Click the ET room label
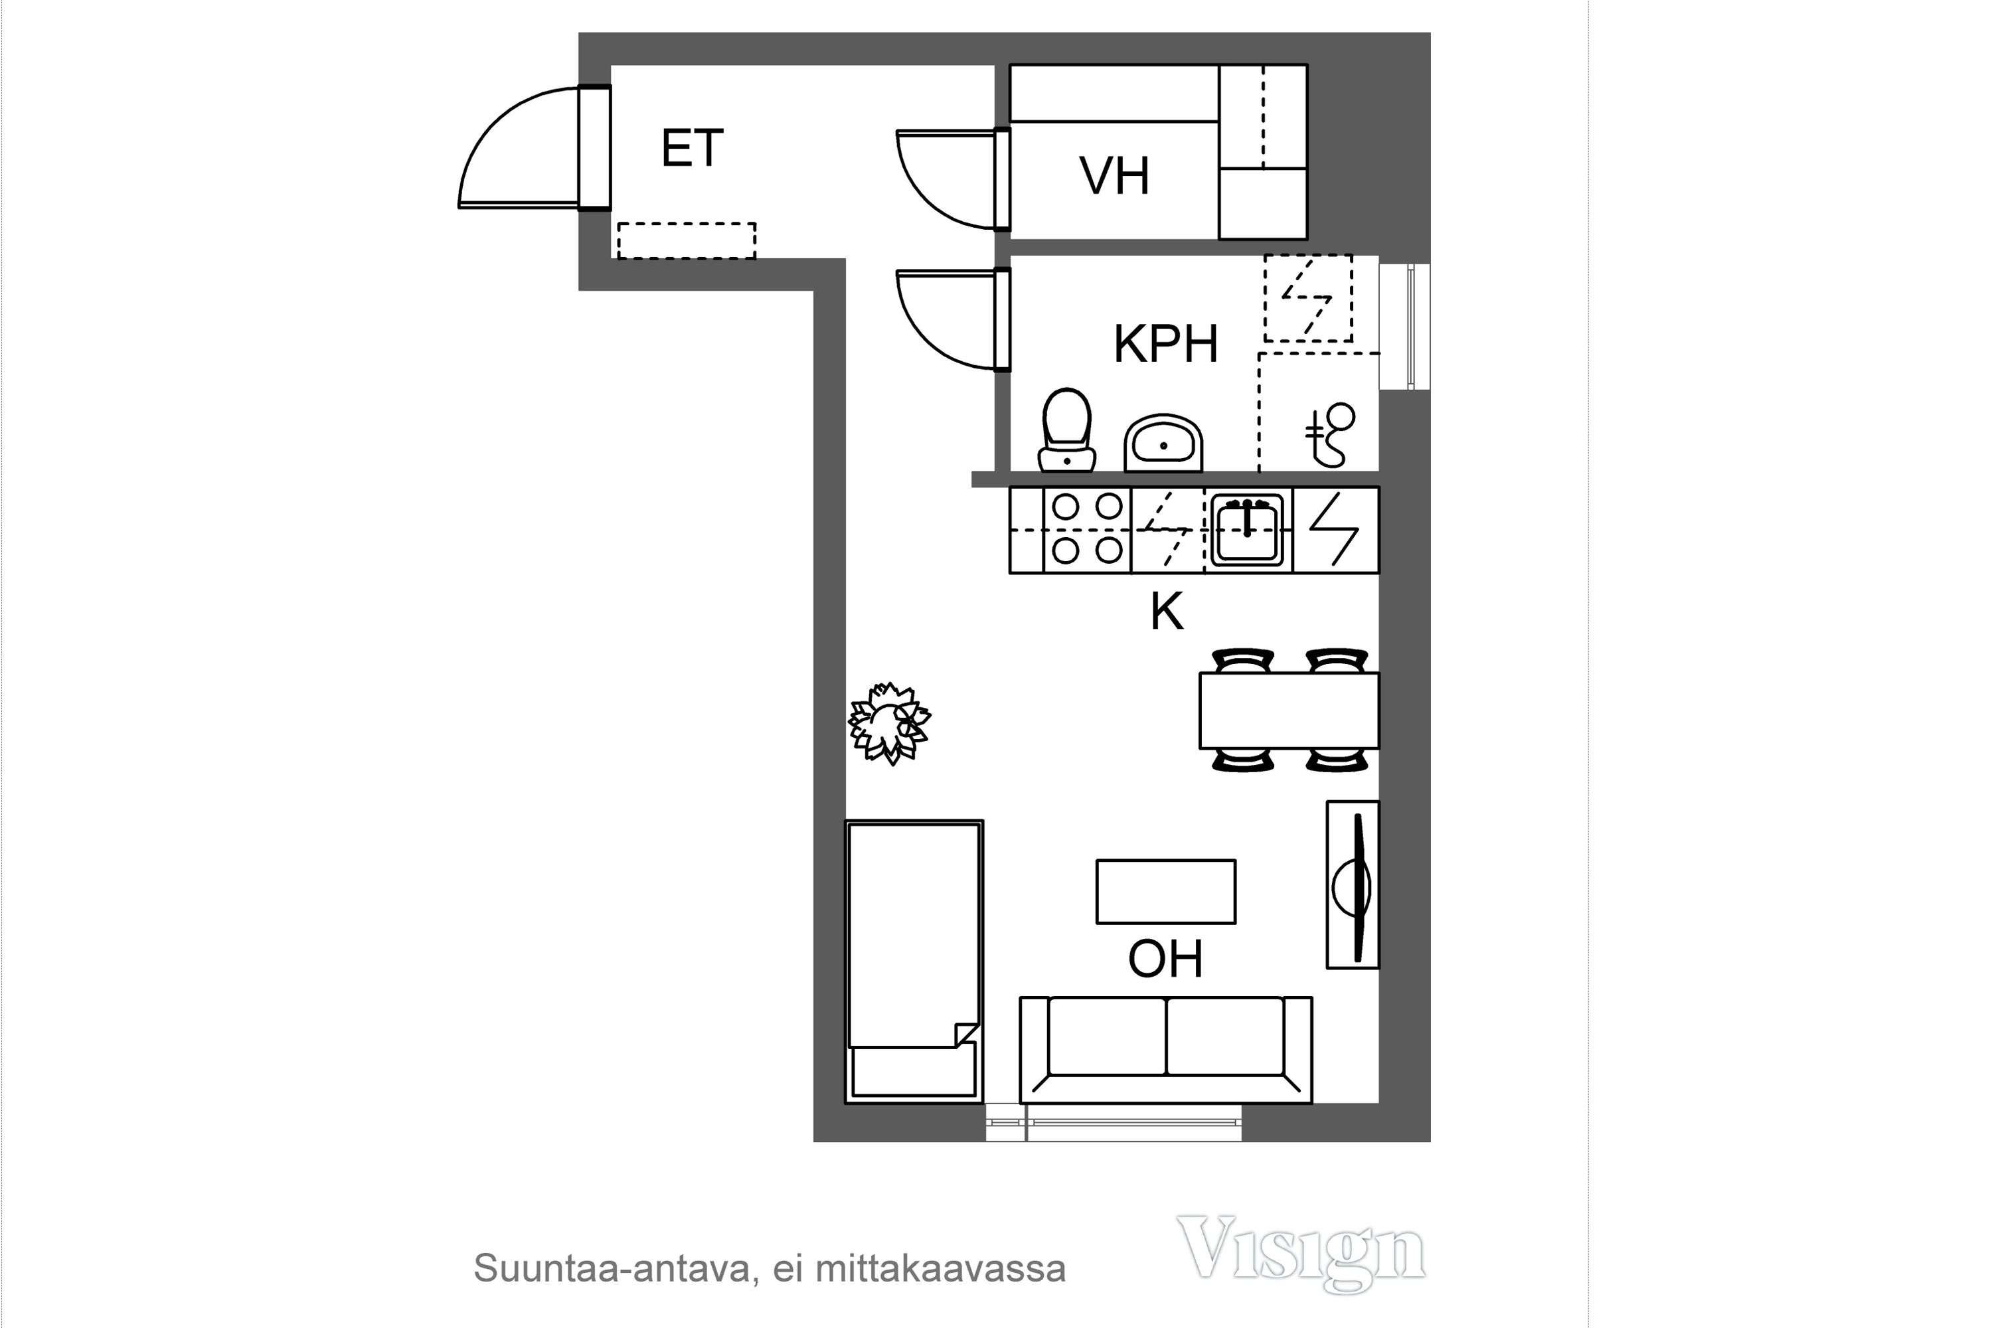[692, 148]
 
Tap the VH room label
[1114, 175]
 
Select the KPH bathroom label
[1165, 344]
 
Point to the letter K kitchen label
[1166, 611]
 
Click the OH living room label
[1165, 959]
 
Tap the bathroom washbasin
[1164, 442]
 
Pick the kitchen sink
[1247, 530]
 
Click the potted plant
[889, 723]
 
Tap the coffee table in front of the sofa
[1165, 892]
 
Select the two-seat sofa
[1165, 1049]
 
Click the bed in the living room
[914, 961]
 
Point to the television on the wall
[1353, 884]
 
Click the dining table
[1289, 710]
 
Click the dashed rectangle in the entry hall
[686, 240]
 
